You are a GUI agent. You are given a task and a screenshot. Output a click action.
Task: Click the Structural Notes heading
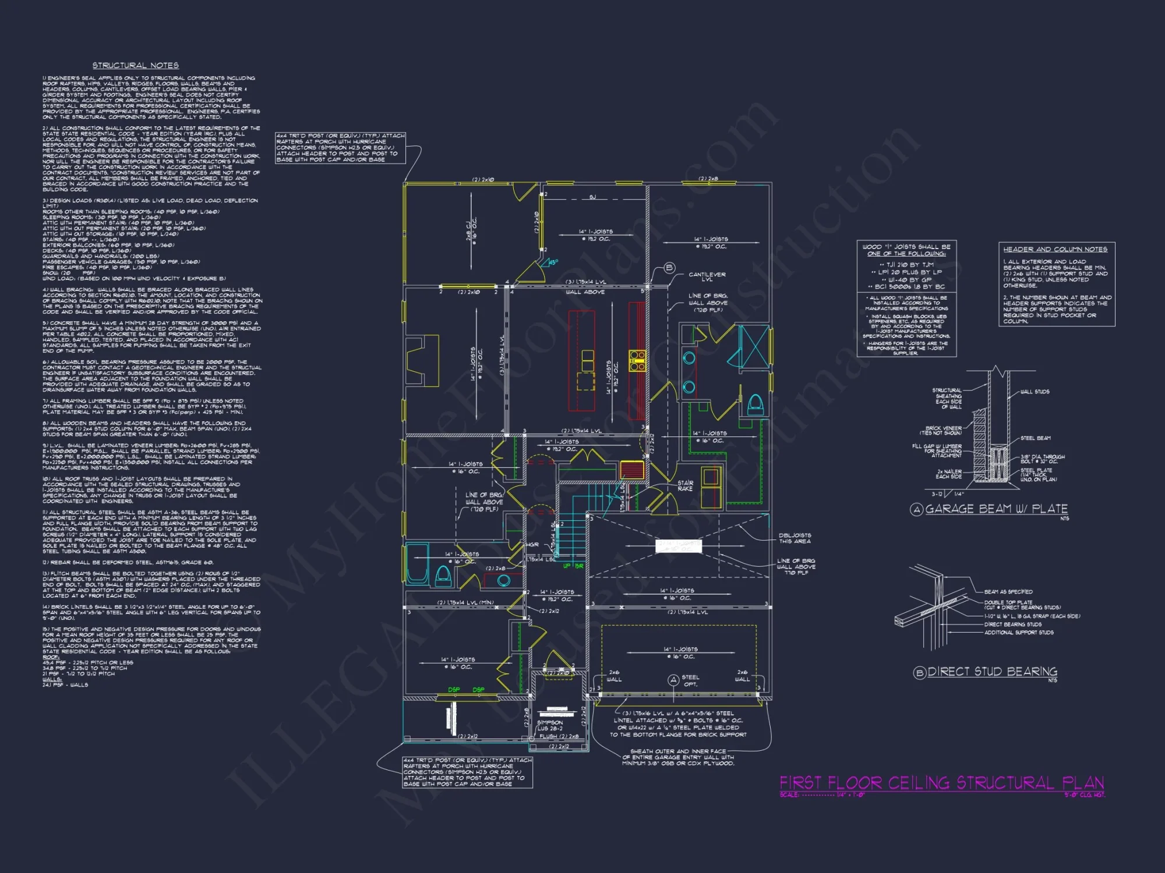(135, 66)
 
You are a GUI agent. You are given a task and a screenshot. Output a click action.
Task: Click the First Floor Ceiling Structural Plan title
(941, 783)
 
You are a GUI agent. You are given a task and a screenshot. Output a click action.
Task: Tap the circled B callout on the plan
(669, 268)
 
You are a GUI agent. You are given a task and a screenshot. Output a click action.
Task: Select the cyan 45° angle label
(553, 262)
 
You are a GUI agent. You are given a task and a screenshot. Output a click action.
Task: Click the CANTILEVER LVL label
(707, 277)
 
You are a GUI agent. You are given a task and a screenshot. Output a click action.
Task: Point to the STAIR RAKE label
(685, 486)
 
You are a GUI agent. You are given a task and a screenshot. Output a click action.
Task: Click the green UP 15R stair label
(573, 566)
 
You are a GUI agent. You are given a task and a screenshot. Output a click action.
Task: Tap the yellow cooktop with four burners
(637, 360)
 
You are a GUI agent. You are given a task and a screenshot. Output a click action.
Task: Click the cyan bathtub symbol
(417, 563)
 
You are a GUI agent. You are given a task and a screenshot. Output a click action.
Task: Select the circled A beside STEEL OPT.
(673, 680)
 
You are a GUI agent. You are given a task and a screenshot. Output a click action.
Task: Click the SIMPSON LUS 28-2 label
(550, 725)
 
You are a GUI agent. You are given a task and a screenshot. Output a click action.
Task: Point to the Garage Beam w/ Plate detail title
(996, 509)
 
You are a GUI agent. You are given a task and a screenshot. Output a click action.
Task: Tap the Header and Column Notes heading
(1055, 249)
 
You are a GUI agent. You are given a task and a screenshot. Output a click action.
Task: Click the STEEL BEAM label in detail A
(1035, 438)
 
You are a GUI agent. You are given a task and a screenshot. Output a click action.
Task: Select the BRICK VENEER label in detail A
(944, 430)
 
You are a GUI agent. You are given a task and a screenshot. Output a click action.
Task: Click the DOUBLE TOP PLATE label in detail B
(1008, 602)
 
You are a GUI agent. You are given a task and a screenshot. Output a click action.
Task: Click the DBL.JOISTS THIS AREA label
(795, 538)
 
